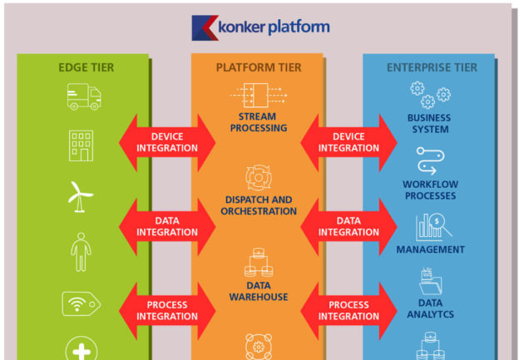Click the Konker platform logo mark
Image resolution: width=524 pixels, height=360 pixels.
[x=204, y=28]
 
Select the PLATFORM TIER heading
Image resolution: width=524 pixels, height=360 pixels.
[x=259, y=67]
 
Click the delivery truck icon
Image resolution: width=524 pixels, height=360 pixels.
[x=83, y=99]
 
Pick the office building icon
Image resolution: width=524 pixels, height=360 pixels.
[x=81, y=146]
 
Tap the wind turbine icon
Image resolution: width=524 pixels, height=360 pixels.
[x=81, y=196]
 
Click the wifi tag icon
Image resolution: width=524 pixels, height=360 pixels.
[x=81, y=303]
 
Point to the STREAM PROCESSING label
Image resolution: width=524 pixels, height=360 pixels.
[x=257, y=123]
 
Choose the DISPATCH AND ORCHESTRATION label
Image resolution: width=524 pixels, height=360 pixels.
[x=259, y=205]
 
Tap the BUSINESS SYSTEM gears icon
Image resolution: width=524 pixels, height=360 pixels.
[x=427, y=95]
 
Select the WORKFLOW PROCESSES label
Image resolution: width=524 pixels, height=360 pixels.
[x=429, y=190]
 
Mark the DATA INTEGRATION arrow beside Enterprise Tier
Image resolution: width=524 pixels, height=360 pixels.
[x=349, y=226]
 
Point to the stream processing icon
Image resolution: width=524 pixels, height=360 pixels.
[x=258, y=94]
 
